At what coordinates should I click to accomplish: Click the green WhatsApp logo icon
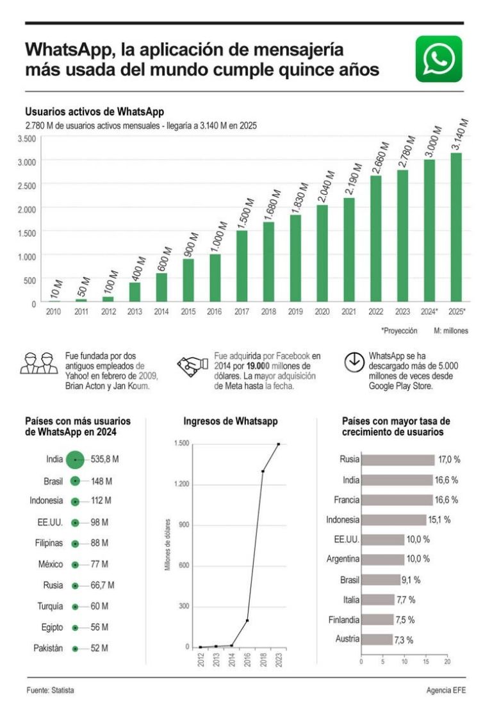click(439, 59)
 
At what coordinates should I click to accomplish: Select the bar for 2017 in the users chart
click(242, 265)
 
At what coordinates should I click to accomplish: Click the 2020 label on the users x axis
click(322, 312)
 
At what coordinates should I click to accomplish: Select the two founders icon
click(38, 363)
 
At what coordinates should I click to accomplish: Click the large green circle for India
click(75, 459)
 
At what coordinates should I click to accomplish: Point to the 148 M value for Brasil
click(101, 481)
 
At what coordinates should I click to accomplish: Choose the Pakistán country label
click(48, 648)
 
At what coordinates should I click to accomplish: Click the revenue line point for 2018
click(263, 471)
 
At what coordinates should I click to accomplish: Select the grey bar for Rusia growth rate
click(397, 460)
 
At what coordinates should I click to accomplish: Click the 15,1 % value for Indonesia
click(439, 520)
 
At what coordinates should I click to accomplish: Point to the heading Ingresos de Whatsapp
click(231, 421)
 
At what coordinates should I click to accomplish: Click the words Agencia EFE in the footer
click(446, 690)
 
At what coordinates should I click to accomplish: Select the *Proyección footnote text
click(399, 331)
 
